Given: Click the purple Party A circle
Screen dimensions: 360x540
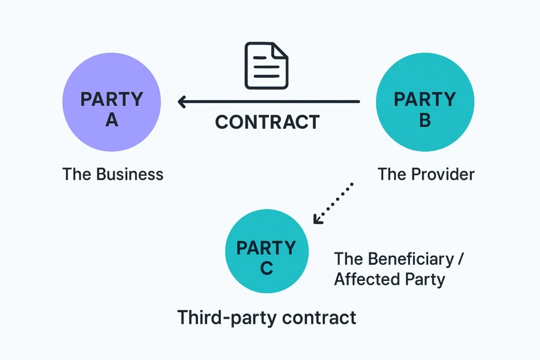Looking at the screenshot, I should click(x=111, y=102).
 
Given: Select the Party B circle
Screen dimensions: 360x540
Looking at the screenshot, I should click(x=425, y=102).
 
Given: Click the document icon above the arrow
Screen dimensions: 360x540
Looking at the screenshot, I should click(x=266, y=65).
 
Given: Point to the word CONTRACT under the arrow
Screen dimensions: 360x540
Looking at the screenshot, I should click(x=267, y=122).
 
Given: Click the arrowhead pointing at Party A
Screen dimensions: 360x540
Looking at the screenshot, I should click(x=182, y=101).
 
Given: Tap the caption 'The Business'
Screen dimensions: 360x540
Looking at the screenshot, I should click(x=113, y=174).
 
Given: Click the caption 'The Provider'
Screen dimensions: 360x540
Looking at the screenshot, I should click(x=426, y=174).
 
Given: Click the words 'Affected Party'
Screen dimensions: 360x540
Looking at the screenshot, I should click(x=390, y=279).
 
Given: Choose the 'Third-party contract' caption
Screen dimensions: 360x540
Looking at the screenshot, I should click(x=267, y=318).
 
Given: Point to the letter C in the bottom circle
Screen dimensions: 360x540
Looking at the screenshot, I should click(x=267, y=268).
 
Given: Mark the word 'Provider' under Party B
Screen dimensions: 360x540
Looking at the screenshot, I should click(x=444, y=174).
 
